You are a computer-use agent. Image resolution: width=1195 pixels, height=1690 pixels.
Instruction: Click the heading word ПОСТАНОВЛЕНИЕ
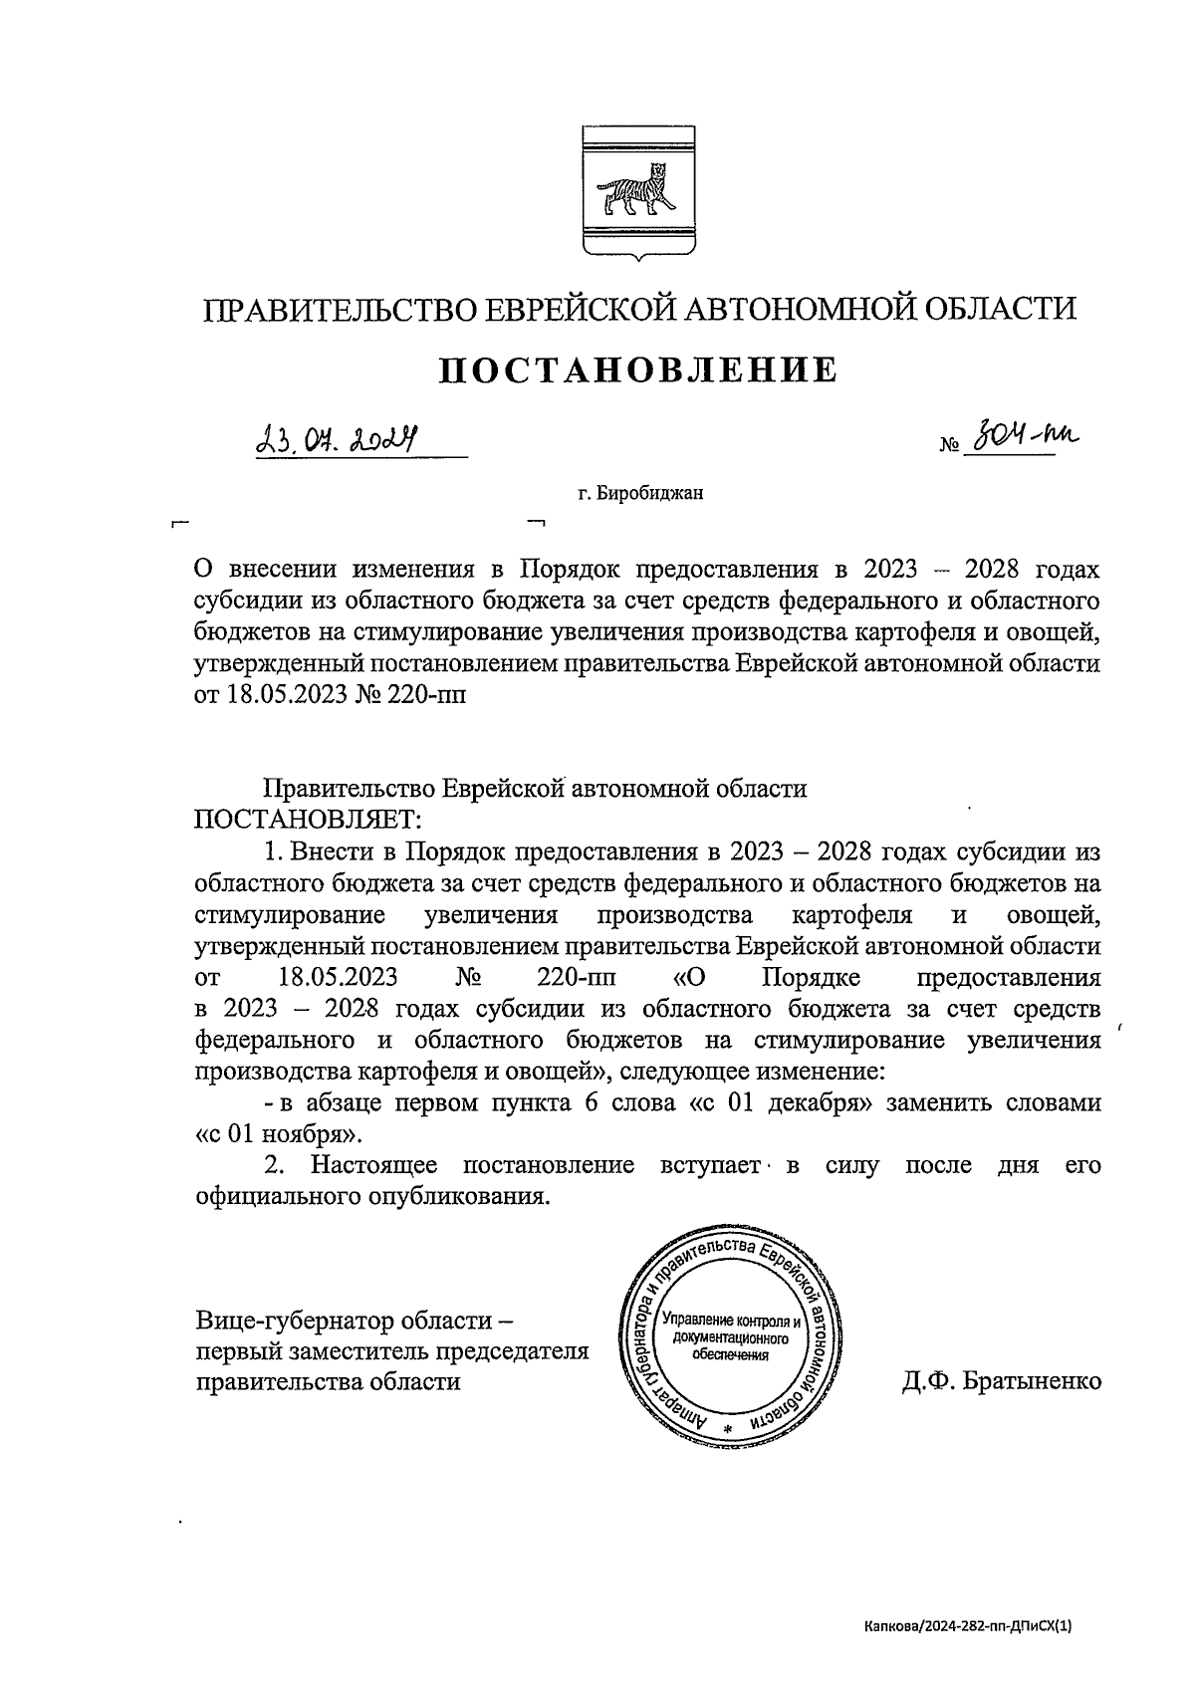[638, 369]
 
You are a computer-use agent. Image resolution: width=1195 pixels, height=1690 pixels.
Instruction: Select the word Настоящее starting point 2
[374, 1165]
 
